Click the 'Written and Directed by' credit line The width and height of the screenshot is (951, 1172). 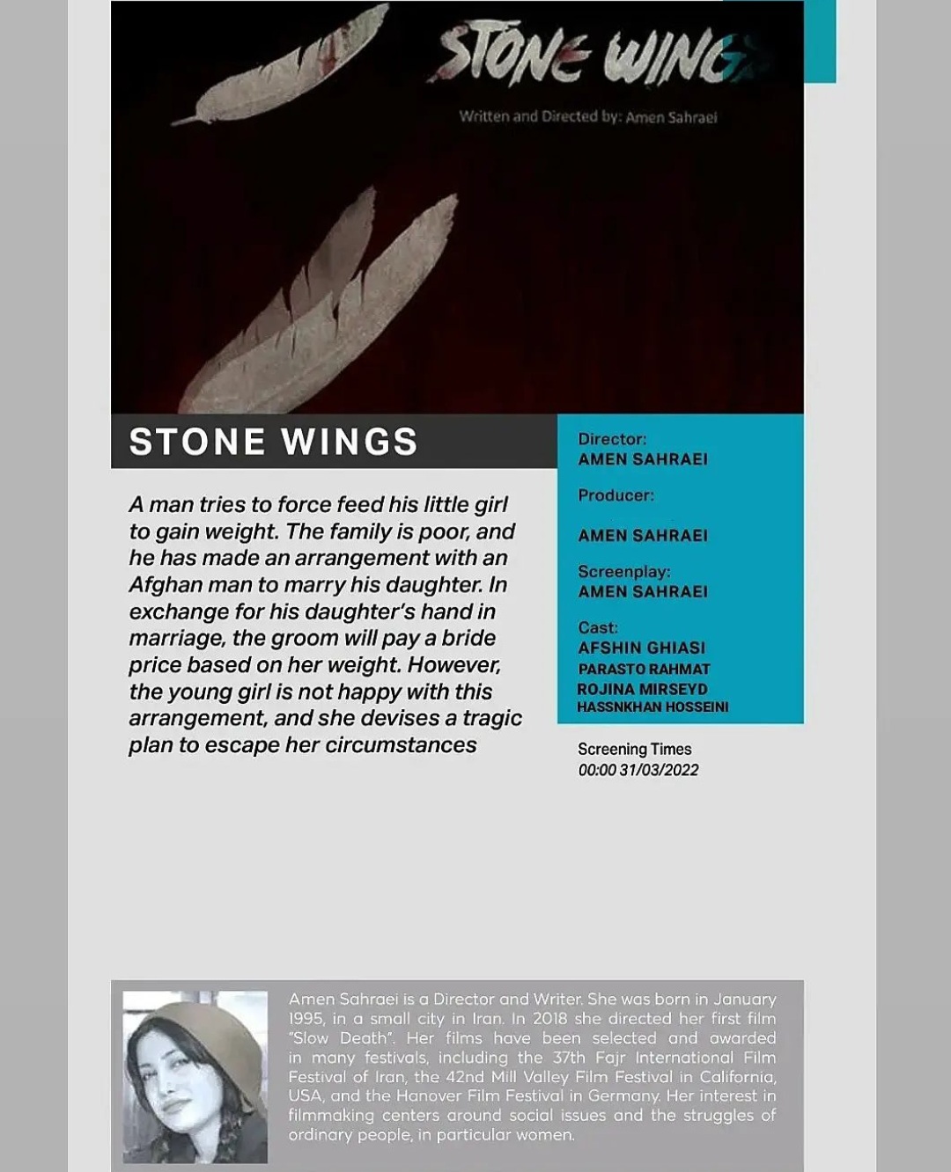click(587, 117)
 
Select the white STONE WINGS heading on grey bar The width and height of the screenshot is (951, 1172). click(273, 442)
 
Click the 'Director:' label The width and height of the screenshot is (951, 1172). click(612, 438)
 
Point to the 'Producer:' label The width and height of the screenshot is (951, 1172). click(616, 495)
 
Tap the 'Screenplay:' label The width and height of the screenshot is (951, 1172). click(623, 571)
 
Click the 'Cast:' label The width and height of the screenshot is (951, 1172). click(598, 627)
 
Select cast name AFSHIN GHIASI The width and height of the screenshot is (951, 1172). click(641, 648)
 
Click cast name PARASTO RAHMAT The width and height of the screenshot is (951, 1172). click(644, 669)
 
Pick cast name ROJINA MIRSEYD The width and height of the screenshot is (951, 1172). click(642, 689)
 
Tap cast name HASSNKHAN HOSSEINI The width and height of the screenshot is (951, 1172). click(652, 707)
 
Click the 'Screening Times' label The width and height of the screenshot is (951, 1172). click(634, 749)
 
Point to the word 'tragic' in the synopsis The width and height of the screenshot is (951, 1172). click(492, 718)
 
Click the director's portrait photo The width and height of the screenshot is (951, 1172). click(195, 1076)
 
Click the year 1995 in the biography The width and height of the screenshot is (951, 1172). click(306, 1019)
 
